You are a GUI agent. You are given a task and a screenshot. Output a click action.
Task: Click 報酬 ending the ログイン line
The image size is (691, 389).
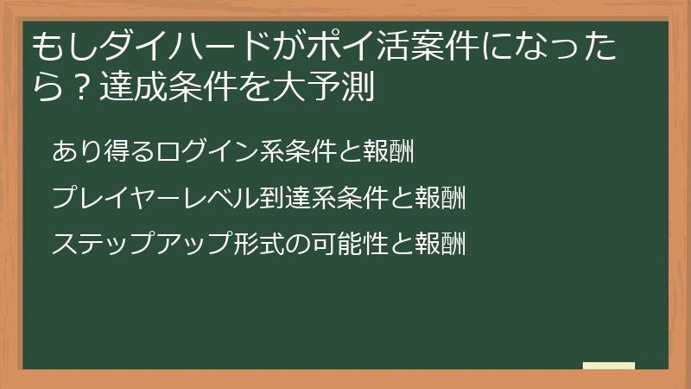point(390,151)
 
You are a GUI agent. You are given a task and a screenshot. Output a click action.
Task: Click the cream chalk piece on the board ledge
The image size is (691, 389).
point(609,366)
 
